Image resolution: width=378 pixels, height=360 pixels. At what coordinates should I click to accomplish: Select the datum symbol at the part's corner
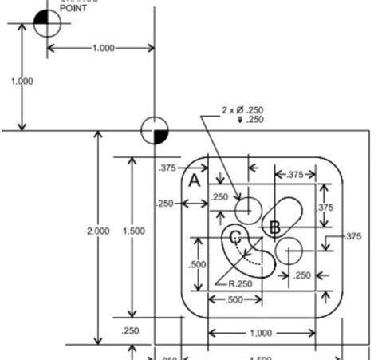[153, 129]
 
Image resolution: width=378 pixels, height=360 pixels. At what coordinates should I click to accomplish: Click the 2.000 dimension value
[98, 231]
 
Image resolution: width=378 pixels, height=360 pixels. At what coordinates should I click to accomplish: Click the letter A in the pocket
[195, 181]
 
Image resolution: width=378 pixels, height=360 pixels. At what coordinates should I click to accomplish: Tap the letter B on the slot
[274, 227]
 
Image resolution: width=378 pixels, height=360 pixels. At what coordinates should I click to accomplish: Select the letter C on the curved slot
[234, 237]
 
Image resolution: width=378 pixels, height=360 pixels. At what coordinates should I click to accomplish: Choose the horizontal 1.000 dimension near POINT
[102, 48]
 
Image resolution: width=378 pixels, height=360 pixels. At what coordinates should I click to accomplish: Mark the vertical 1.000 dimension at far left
[22, 81]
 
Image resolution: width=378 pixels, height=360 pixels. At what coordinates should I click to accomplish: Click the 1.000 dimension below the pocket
[261, 333]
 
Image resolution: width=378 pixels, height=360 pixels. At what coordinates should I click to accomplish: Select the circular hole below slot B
[291, 250]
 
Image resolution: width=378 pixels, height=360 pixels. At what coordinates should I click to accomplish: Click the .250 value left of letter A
[166, 203]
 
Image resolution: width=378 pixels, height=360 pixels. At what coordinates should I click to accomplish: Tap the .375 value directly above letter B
[294, 175]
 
